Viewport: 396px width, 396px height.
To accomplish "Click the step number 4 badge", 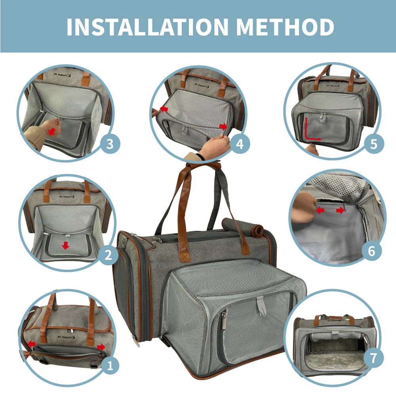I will (240, 144).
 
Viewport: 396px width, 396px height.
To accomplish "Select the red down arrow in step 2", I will (66, 246).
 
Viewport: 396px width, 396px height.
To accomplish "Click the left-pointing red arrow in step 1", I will (31, 343).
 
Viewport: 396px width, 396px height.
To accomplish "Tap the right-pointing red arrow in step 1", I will (101, 347).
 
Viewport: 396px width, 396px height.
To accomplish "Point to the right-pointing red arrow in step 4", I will (224, 126).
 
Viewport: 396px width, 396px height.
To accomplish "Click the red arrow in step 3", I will (51, 130).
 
